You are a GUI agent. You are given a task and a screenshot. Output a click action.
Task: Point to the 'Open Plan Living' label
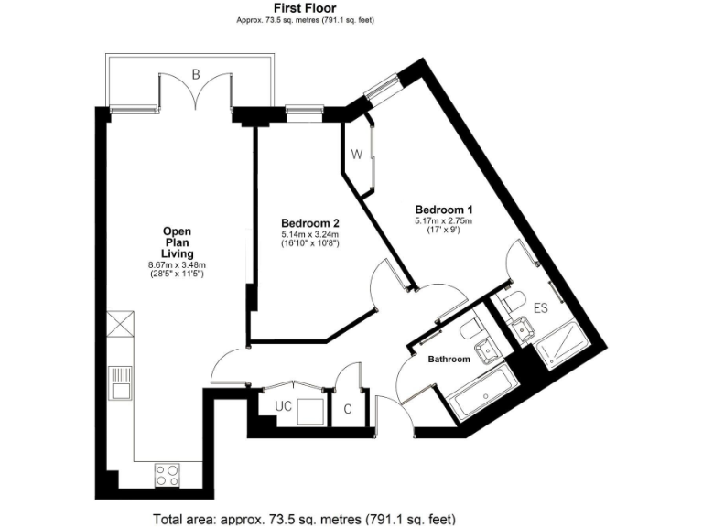coord(178,242)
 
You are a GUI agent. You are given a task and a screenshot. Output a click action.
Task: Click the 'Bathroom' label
coord(449,360)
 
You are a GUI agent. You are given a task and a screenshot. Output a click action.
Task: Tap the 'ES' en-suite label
coord(540,308)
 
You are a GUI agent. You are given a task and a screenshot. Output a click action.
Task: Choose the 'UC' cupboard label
coord(283,405)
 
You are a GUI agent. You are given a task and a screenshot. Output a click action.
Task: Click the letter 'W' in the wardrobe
coord(357,155)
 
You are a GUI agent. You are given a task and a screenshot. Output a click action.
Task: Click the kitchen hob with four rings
coord(168,475)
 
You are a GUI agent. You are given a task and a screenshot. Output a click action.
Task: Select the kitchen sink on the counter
coord(120,384)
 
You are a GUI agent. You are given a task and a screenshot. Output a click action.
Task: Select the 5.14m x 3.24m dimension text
coord(310,235)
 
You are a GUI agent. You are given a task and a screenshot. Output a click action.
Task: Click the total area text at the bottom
coord(305,519)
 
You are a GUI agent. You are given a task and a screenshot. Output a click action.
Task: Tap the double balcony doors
coord(195,94)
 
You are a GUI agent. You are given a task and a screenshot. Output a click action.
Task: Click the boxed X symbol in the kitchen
coord(120,325)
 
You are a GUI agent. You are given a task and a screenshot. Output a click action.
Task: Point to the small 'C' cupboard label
coord(348,409)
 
